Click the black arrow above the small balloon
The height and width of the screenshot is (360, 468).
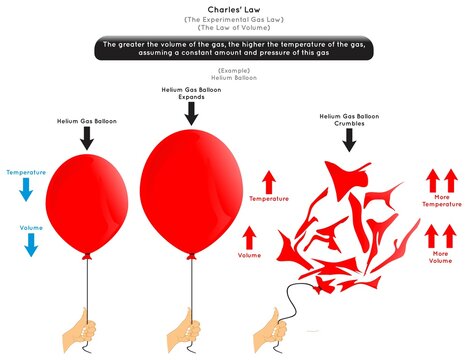point(87,139)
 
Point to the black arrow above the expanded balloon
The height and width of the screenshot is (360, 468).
point(188,113)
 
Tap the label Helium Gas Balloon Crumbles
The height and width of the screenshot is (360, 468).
point(348,120)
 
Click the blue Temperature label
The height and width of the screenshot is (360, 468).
point(26,173)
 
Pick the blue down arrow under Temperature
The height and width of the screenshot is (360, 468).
point(26,190)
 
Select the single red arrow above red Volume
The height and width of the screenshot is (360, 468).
point(250,237)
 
